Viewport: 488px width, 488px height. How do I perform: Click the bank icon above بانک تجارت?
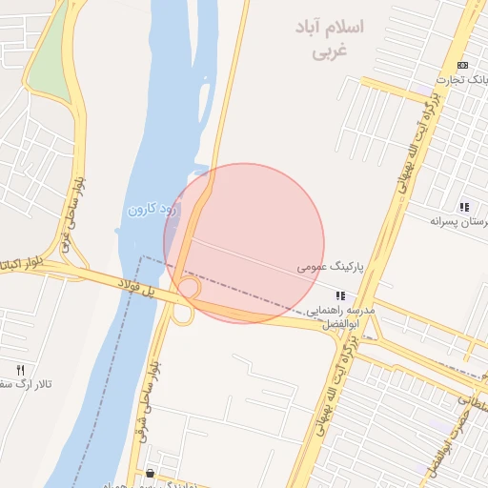tap(462, 65)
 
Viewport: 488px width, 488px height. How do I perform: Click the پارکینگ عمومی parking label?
tap(324, 269)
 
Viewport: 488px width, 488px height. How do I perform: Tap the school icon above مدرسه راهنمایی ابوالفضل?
tap(341, 296)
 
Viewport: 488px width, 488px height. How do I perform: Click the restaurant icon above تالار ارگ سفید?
tap(20, 369)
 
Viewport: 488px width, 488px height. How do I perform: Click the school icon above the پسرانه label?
tap(464, 207)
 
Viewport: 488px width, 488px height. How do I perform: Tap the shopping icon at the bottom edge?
tap(151, 474)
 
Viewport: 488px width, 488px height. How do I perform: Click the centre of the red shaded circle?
tap(245, 243)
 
